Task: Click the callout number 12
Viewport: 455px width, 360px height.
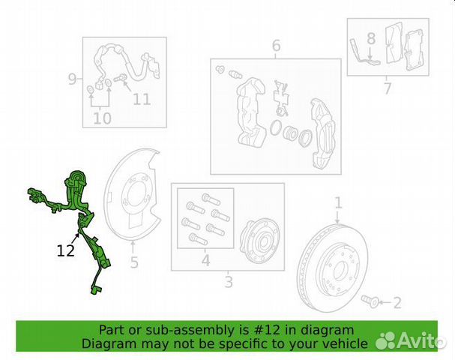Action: (65, 250)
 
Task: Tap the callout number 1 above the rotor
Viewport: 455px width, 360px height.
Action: (338, 203)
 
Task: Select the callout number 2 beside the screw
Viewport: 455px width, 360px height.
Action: (397, 303)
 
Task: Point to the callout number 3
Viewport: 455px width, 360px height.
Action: (229, 282)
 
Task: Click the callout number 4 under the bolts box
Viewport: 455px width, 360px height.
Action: (205, 260)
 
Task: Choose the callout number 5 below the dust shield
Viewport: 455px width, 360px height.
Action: (133, 262)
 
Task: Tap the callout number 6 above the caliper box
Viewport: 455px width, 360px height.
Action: (277, 46)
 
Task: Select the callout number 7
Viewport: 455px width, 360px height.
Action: (388, 88)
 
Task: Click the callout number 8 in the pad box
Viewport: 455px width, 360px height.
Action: (371, 38)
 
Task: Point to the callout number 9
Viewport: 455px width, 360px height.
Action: (72, 79)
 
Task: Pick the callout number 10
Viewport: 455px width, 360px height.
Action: (102, 118)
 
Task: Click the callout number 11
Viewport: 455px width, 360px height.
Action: (142, 99)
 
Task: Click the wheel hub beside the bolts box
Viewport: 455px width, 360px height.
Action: (259, 239)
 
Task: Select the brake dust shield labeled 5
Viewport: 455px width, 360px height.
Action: (131, 195)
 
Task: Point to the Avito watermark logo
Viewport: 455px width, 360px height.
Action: (410, 340)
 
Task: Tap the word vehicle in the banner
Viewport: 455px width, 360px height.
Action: (347, 344)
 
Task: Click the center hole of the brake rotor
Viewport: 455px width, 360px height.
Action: (340, 270)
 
